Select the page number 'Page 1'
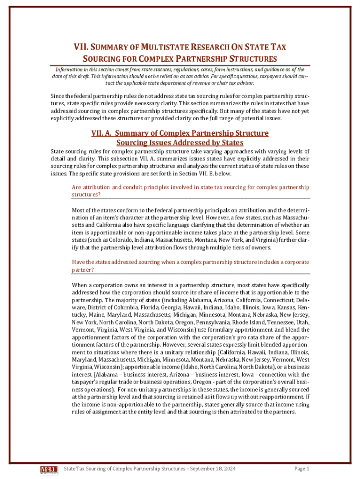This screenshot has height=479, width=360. click(302, 468)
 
